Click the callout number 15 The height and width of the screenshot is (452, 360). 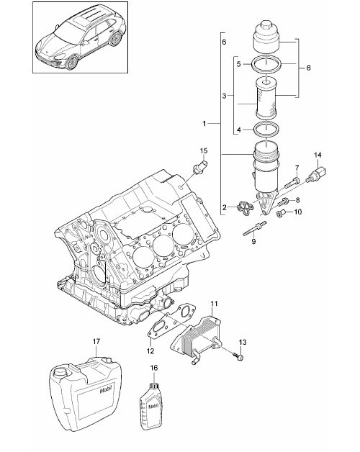click(204, 150)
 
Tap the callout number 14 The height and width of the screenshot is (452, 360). click(318, 155)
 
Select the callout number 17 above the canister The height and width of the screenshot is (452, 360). click(96, 341)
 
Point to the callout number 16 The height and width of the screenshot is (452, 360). click(154, 368)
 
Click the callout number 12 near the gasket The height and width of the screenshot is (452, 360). click(150, 351)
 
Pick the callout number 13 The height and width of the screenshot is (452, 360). click(243, 342)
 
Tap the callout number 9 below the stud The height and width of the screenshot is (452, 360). click(253, 241)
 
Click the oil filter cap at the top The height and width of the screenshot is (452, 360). click(267, 37)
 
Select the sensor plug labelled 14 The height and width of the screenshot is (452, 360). click(317, 175)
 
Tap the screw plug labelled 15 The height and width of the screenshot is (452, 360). click(199, 168)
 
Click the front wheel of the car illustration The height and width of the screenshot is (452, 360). click(72, 63)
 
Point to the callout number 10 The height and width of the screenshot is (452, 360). click(297, 212)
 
